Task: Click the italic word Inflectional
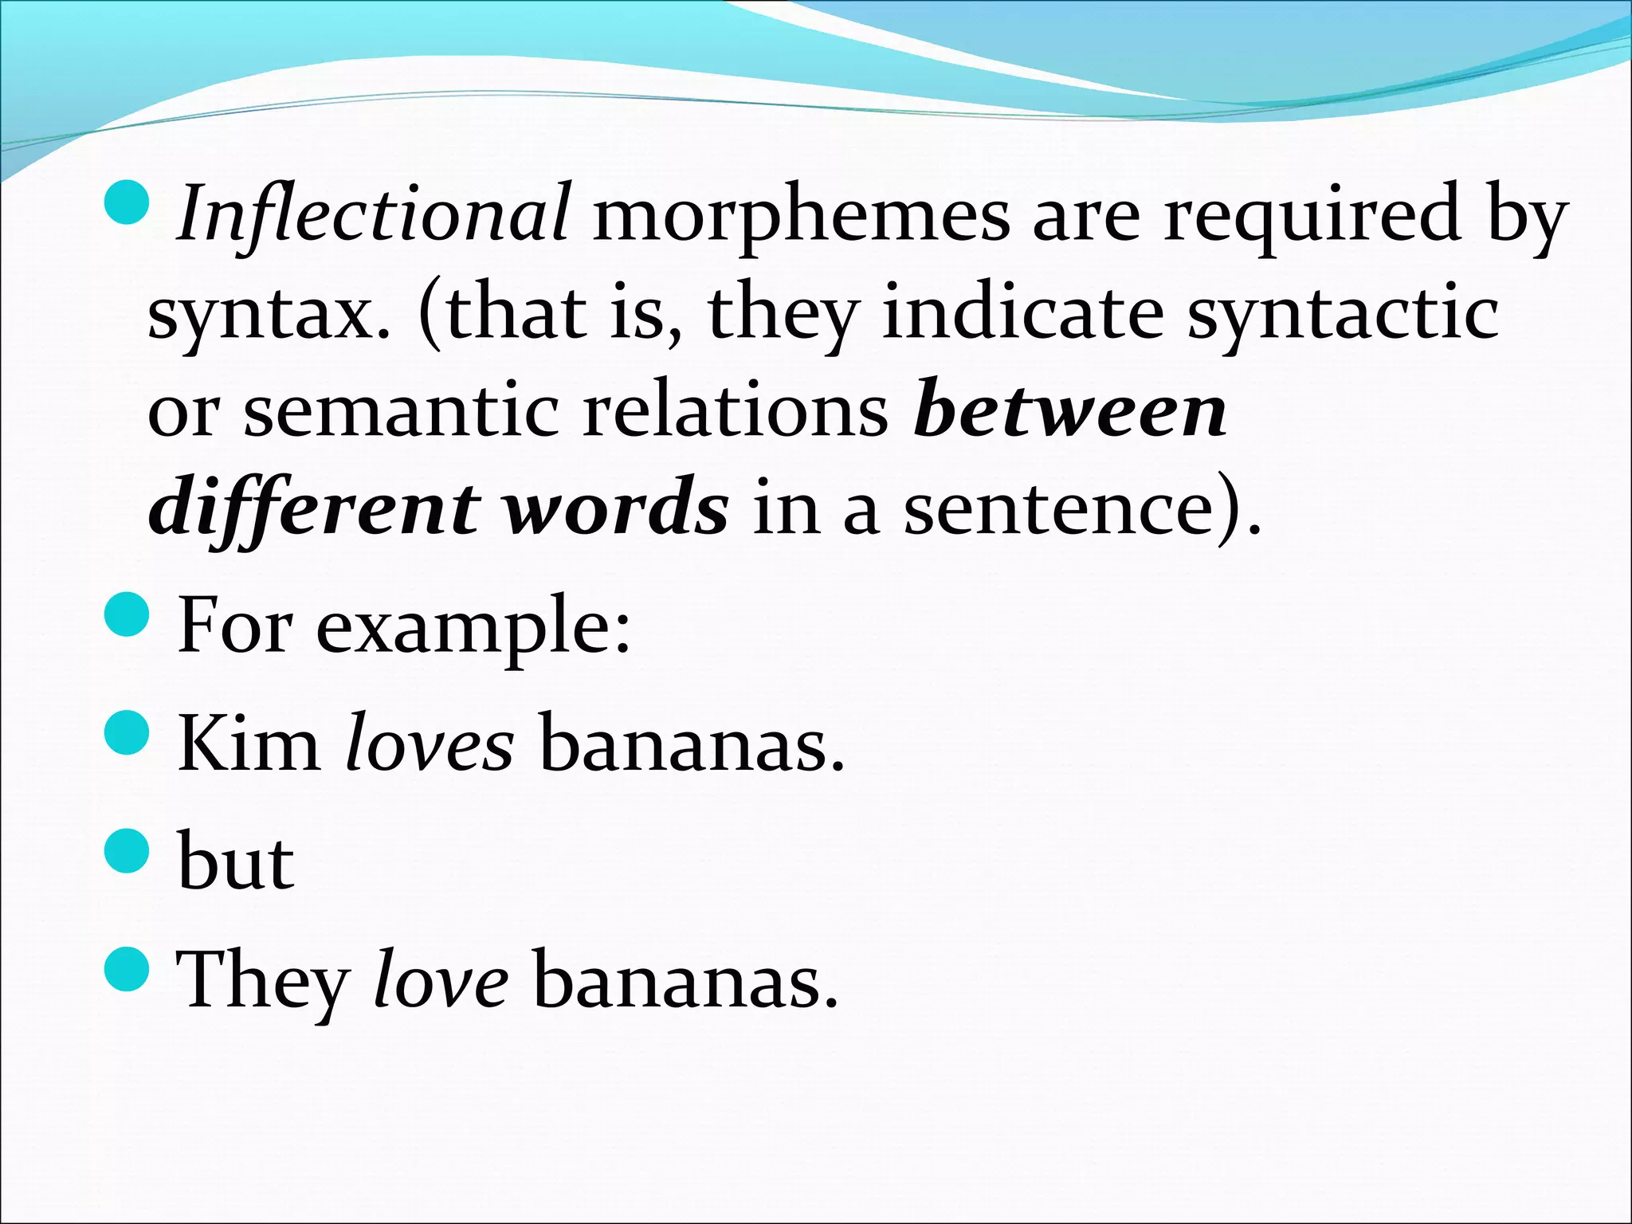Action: point(373,214)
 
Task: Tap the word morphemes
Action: point(801,215)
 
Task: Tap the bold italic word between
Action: point(1069,410)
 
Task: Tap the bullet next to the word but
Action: point(127,850)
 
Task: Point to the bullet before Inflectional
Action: point(127,201)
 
